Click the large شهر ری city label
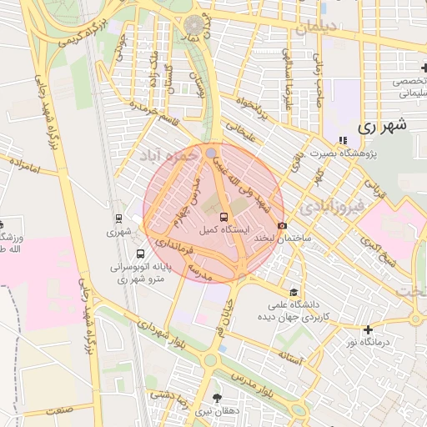[x=382, y=127]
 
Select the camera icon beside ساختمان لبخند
[x=283, y=226]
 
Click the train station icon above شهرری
[x=118, y=219]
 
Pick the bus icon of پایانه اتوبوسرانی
[x=138, y=254]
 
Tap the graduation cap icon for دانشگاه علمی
[x=293, y=292]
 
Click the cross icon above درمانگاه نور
[x=368, y=329]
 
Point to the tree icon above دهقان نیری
[x=218, y=398]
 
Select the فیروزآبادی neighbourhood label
[x=333, y=204]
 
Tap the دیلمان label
[x=314, y=27]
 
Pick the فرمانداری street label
[x=178, y=248]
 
